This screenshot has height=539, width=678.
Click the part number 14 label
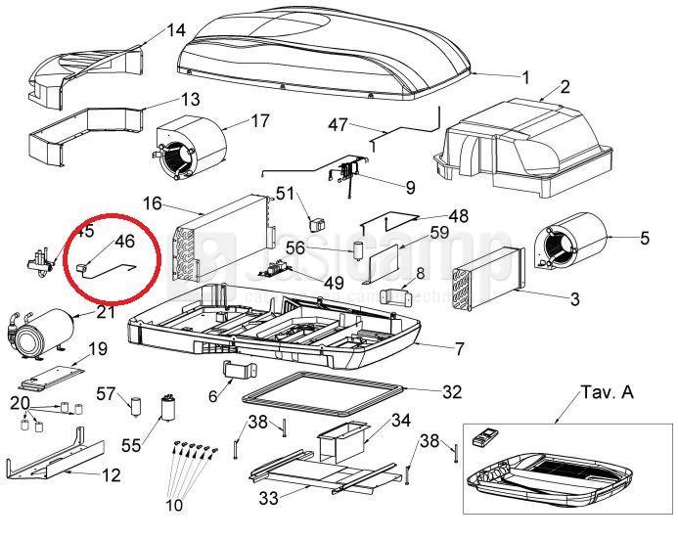(x=175, y=30)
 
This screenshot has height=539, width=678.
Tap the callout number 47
(x=338, y=124)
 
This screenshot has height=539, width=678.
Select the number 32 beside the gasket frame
(x=451, y=392)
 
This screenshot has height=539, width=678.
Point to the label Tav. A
(x=607, y=393)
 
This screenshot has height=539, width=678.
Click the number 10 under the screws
(x=174, y=506)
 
